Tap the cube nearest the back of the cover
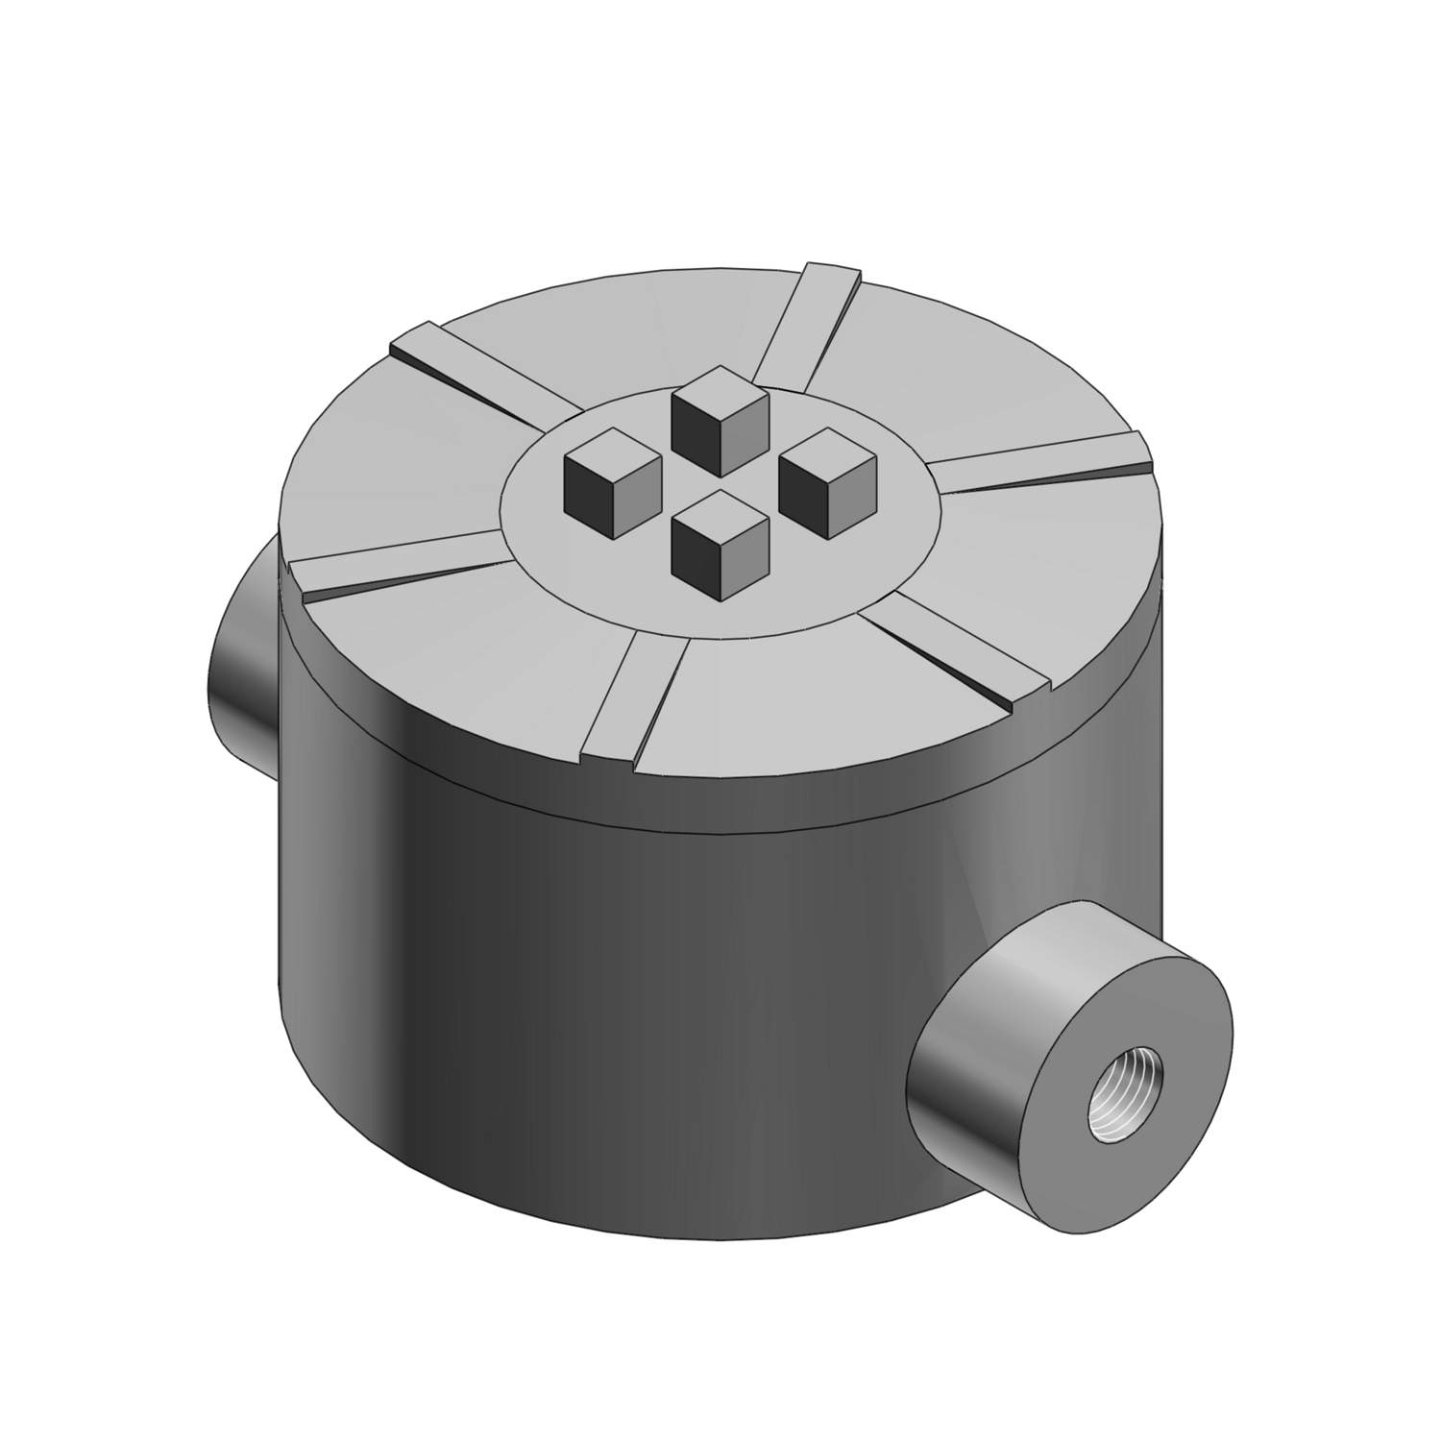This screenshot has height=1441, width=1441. [720, 423]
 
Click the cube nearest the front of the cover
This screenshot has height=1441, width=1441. [720, 543]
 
